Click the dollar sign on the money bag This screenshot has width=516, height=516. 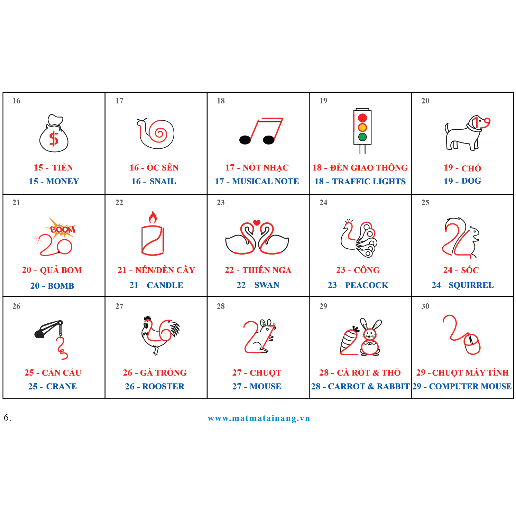(54, 139)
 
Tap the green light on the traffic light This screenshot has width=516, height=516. (362, 137)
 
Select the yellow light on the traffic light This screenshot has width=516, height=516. (362, 128)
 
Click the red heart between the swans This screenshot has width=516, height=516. (257, 222)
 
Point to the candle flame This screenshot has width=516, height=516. (153, 218)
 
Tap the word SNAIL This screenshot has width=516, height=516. (163, 181)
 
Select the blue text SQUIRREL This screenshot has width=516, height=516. (471, 285)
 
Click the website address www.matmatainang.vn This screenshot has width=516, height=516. (259, 418)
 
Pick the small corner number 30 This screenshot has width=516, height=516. (425, 306)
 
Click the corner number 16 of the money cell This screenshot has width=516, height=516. (16, 101)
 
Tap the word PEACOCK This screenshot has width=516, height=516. (367, 285)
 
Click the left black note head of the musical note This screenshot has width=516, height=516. (245, 140)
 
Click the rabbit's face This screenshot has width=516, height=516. (369, 334)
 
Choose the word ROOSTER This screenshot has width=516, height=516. (163, 386)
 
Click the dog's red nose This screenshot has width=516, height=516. (487, 121)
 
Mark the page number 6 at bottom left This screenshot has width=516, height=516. (7, 418)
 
